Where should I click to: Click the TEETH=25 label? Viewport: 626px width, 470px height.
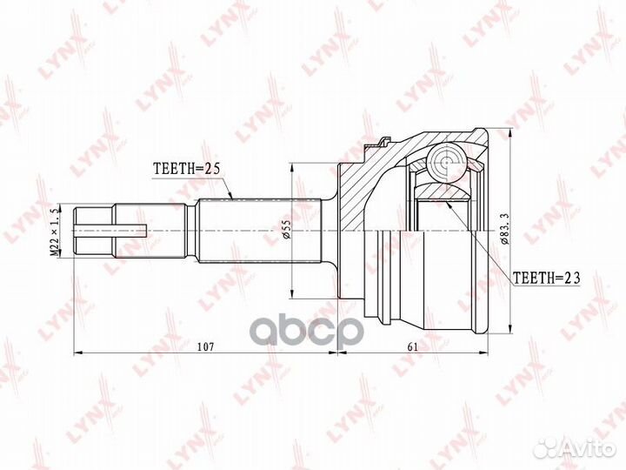point(187,169)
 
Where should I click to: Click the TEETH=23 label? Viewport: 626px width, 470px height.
point(546,278)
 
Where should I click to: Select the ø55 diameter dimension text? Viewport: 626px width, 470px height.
point(286,230)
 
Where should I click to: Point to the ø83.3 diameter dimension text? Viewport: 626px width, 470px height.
point(504,230)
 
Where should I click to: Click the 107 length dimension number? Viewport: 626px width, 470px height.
point(206,346)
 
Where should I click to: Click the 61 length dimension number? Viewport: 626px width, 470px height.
point(412,346)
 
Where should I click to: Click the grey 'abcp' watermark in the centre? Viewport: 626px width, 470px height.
point(307,332)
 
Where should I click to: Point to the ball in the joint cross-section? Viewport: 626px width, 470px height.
point(446,162)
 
